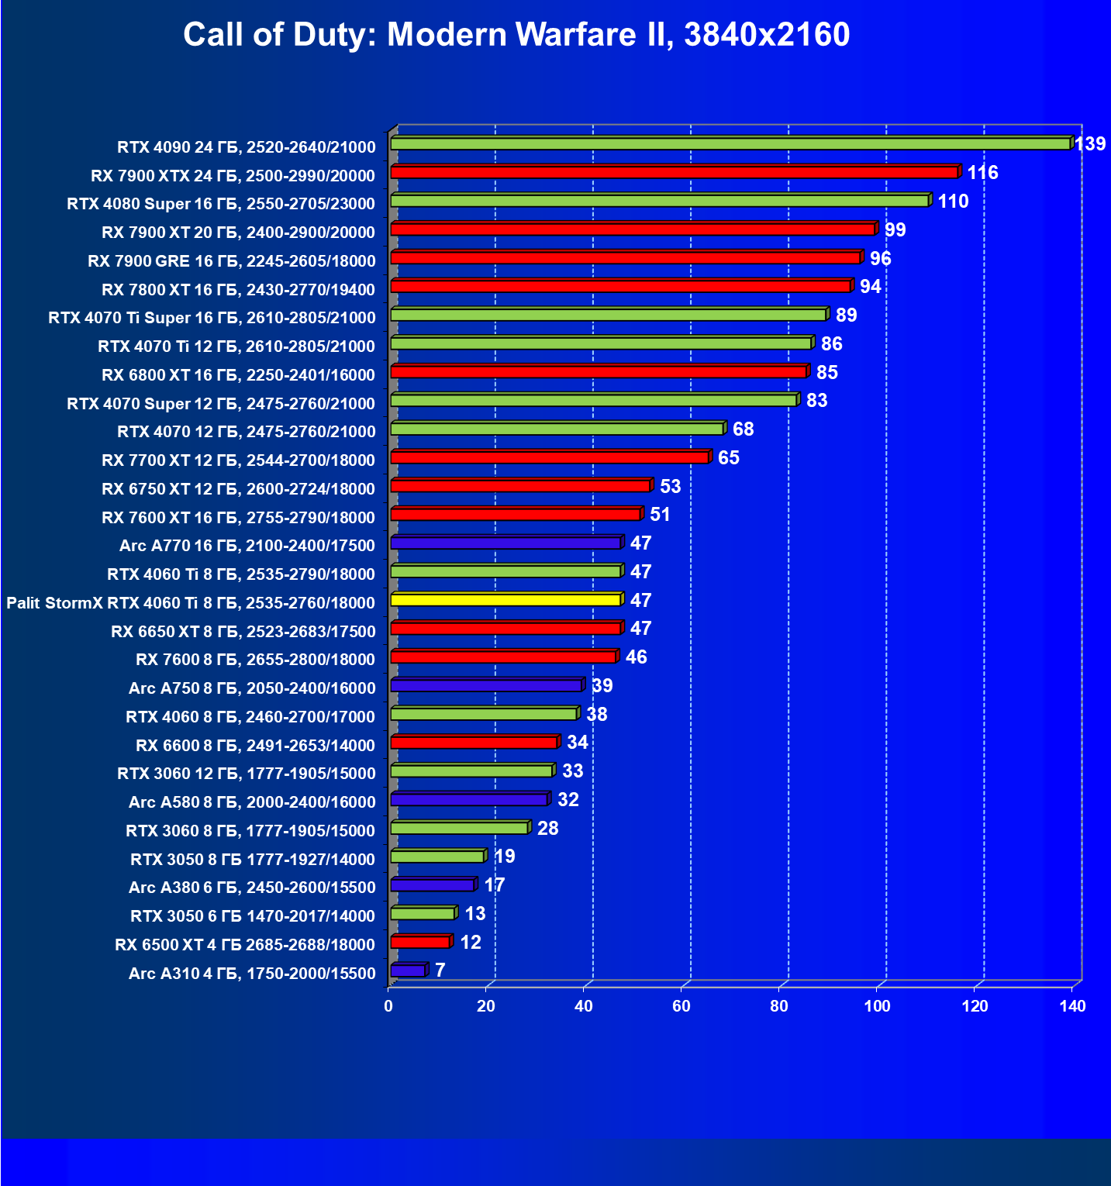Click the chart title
[516, 35]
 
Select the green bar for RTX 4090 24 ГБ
[730, 143]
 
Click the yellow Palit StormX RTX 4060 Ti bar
[505, 599]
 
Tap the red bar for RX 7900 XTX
[675, 172]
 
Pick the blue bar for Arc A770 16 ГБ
[505, 543]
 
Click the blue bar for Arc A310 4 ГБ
[408, 971]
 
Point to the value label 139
[1090, 143]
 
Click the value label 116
[982, 172]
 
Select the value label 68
[743, 429]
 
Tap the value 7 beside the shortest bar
[440, 970]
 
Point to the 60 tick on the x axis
[681, 1006]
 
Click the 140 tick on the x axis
[1073, 1006]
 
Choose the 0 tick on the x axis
[388, 1006]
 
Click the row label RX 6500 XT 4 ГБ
[245, 944]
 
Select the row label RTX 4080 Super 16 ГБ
[221, 204]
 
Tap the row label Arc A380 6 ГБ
[252, 887]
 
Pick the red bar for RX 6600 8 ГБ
[474, 743]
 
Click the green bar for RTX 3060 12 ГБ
[471, 771]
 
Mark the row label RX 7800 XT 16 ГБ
[238, 289]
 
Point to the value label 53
[670, 486]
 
